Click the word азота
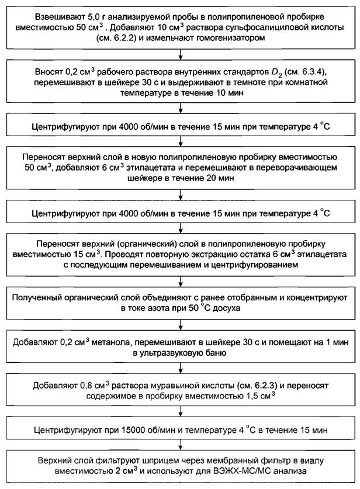point(159,307)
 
